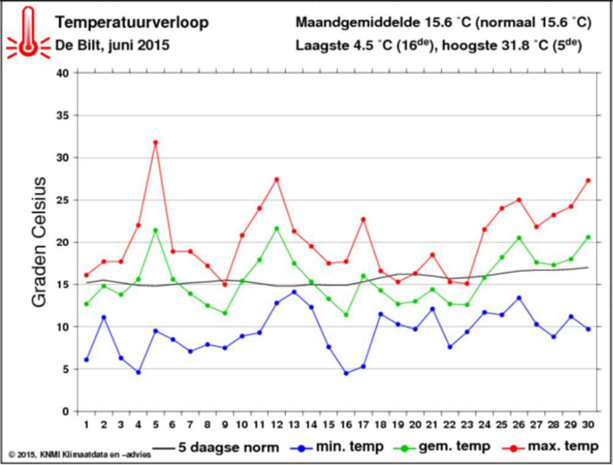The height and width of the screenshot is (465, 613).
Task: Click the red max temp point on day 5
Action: click(156, 142)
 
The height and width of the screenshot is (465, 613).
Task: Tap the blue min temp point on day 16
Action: click(346, 373)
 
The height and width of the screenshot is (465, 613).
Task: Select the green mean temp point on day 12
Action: click(277, 229)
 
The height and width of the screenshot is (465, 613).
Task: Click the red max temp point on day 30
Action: click(588, 180)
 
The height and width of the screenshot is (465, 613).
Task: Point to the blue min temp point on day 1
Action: click(86, 360)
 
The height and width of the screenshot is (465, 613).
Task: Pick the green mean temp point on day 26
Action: click(519, 238)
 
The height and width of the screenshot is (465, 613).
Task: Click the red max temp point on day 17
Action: click(364, 219)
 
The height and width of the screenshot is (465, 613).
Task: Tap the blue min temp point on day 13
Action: click(294, 292)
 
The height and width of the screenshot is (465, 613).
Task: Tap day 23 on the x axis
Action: click(467, 425)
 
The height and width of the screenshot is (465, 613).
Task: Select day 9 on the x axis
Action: click(225, 425)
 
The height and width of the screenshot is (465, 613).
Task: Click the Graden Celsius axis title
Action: click(39, 242)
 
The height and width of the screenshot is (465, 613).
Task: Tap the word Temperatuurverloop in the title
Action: click(132, 23)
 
